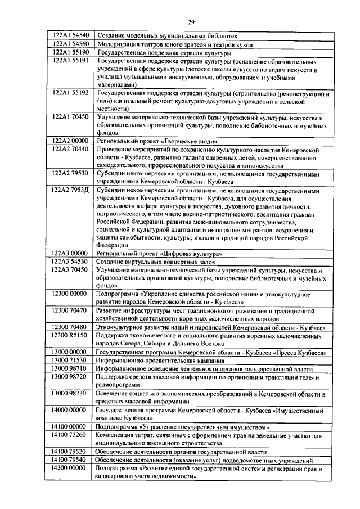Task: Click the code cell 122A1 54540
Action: [70, 35]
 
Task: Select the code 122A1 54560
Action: [70, 43]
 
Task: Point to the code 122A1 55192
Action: [70, 93]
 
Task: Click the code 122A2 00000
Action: [70, 142]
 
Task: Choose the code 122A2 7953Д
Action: [70, 191]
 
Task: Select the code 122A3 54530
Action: [70, 262]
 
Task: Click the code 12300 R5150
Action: [70, 335]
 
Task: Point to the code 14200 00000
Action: [70, 468]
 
